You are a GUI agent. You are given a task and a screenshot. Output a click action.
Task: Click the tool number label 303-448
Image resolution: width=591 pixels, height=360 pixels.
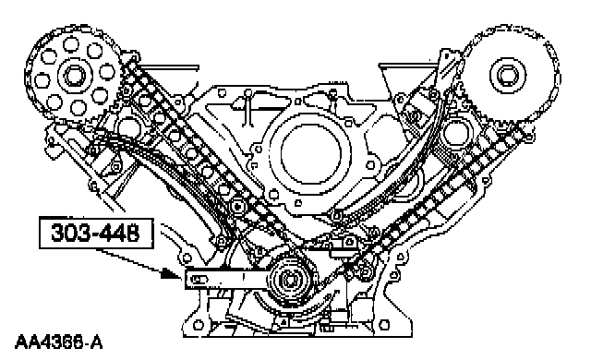96,234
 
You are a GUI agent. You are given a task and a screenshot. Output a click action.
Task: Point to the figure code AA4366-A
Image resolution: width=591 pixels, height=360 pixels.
58,342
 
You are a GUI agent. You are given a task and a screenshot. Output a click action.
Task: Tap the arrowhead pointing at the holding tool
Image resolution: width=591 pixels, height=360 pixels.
170,273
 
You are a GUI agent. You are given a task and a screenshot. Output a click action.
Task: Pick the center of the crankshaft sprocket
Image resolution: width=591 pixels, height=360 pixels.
289,281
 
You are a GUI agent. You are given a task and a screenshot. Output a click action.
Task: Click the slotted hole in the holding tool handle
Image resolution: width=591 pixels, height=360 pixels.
199,280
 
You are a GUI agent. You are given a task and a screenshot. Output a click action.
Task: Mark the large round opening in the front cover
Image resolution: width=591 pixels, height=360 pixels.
311,154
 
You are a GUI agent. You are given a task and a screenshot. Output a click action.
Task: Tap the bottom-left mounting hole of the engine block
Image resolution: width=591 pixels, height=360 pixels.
199,325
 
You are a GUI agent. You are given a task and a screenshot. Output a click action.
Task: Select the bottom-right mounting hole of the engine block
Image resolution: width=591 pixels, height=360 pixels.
384,324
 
